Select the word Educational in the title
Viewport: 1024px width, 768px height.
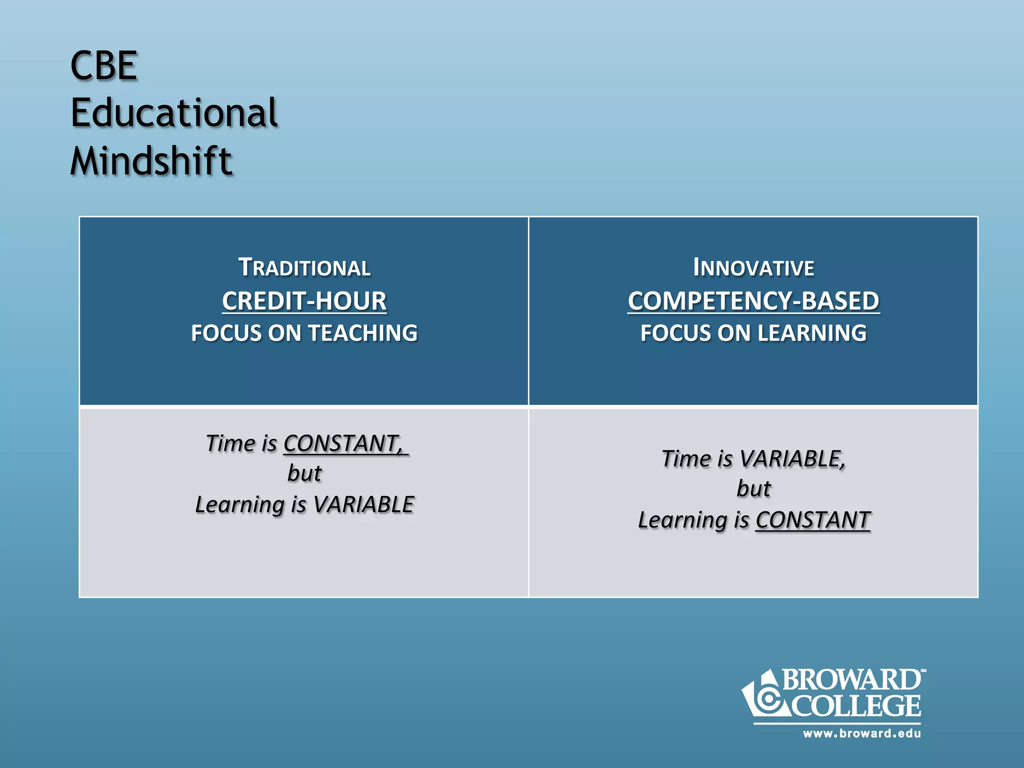[173, 113]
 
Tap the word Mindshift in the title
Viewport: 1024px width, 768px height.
[151, 161]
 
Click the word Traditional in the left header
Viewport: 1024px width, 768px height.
[304, 267]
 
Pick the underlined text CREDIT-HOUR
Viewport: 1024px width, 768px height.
[304, 301]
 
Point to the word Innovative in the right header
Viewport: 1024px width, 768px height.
[753, 267]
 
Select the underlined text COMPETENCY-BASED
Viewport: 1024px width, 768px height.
[753, 301]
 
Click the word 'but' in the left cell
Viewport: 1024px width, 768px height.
[304, 473]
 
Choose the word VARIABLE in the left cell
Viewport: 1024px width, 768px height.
[363, 504]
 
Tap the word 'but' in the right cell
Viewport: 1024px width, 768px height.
[753, 489]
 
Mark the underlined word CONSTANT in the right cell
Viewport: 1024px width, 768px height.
[812, 520]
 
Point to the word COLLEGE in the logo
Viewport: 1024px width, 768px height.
[856, 705]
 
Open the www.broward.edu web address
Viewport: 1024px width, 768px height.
[861, 733]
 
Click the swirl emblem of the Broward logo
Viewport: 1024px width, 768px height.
[767, 698]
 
